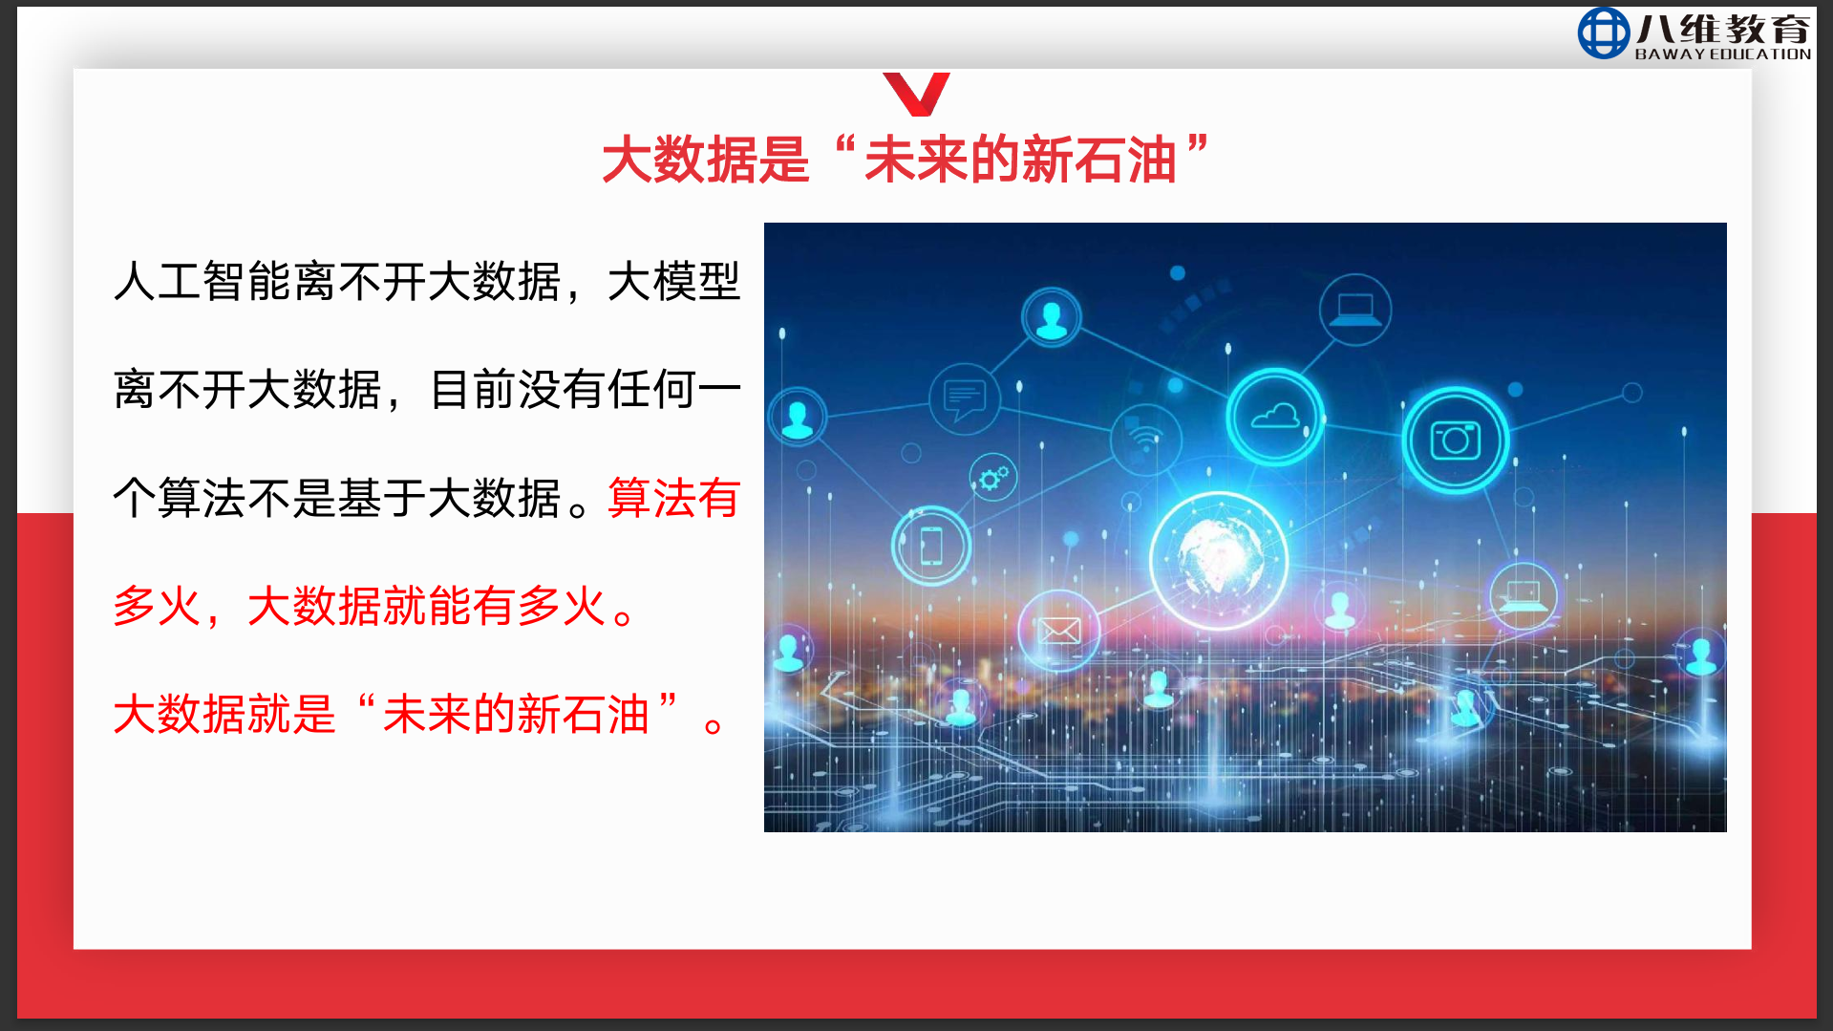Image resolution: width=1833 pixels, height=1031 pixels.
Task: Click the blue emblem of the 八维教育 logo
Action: (x=1603, y=32)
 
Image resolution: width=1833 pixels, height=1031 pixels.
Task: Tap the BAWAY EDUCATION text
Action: (x=1722, y=54)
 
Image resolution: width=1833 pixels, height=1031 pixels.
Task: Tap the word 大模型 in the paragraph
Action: (x=673, y=282)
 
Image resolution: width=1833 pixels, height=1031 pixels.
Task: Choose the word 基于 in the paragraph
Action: (x=382, y=498)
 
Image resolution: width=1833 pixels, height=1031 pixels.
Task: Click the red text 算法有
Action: (x=673, y=498)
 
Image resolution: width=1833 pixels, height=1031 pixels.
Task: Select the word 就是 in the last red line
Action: (x=291, y=714)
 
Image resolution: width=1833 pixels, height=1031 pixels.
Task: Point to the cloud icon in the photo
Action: (x=1275, y=417)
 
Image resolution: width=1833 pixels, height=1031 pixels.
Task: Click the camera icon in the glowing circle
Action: (x=1455, y=440)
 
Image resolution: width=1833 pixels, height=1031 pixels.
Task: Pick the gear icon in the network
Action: (x=993, y=477)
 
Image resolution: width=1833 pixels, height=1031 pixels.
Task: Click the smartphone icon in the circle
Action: (x=931, y=546)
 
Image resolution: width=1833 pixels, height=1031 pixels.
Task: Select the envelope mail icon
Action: (x=1059, y=631)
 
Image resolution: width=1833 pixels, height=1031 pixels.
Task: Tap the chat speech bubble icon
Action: (x=964, y=399)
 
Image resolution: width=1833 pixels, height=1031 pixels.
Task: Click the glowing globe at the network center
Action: (x=1219, y=560)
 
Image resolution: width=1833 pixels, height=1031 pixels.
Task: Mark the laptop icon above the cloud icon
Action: (x=1354, y=310)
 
